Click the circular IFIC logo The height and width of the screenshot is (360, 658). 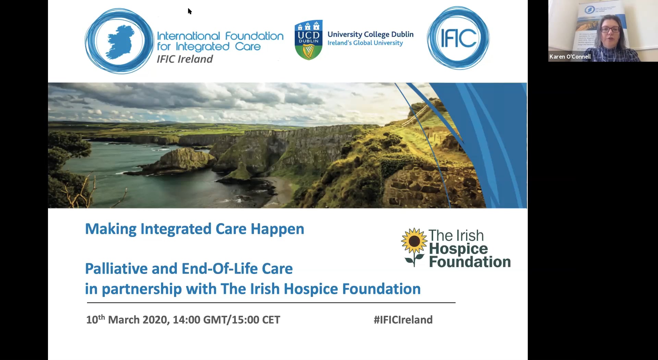458,38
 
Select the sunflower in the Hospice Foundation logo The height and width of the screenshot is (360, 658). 414,241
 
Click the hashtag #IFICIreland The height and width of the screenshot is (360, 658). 403,320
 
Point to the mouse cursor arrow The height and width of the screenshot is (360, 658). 190,11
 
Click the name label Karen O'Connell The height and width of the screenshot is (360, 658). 570,57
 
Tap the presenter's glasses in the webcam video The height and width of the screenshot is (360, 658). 610,29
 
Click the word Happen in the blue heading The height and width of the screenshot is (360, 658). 277,229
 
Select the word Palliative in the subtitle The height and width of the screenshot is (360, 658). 116,268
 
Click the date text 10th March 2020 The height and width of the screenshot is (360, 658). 127,320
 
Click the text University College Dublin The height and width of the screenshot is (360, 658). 370,34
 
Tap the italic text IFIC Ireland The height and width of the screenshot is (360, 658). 185,59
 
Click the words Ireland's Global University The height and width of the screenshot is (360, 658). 365,43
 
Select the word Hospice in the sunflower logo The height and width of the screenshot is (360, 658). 458,249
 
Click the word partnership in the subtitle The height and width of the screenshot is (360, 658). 142,289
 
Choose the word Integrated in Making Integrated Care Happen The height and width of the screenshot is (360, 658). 176,229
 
